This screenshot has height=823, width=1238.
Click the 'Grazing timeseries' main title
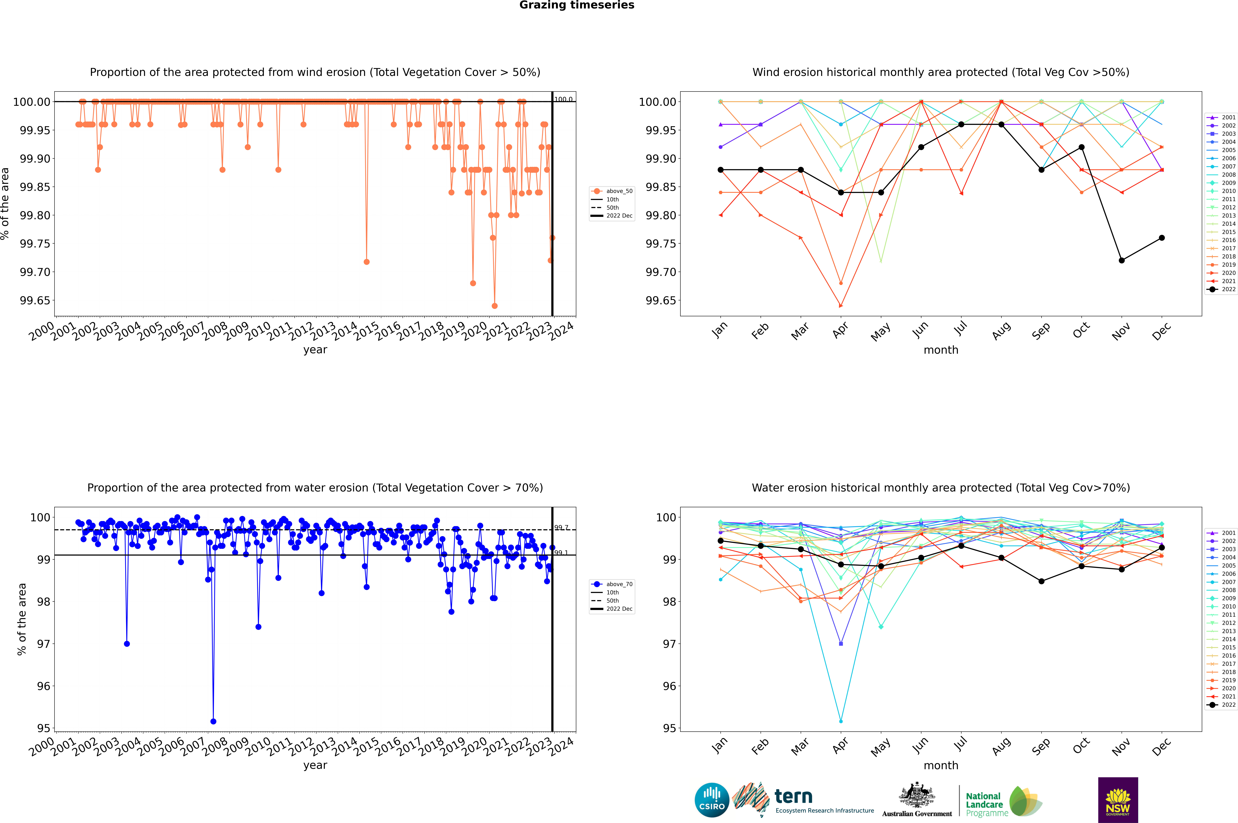[577, 5]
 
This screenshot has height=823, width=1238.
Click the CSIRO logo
[712, 800]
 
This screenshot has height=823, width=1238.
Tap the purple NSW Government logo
[1118, 800]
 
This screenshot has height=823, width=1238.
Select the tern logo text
[794, 797]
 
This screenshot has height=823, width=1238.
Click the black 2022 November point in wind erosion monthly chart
[1121, 260]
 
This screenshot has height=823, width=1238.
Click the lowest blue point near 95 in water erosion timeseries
[213, 721]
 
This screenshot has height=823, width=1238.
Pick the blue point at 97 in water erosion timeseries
[126, 643]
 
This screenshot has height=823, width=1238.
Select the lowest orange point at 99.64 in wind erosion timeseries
[494, 306]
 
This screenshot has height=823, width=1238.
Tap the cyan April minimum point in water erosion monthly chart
[841, 721]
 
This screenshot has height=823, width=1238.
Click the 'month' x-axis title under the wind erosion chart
[940, 350]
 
